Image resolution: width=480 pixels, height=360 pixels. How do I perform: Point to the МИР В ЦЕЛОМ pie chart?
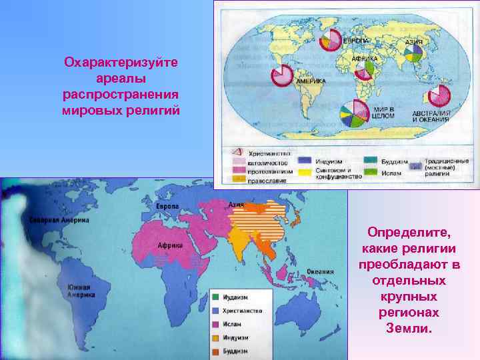pos(353,113)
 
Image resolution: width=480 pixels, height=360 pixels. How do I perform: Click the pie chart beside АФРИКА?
pos(365,69)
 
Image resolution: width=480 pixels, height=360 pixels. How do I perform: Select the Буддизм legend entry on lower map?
pos(217,350)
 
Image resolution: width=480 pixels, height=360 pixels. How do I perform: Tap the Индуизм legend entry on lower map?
pos(217,337)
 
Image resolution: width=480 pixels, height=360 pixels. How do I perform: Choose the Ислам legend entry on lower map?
pos(217,324)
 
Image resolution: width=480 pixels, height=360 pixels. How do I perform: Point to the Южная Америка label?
pos(79,291)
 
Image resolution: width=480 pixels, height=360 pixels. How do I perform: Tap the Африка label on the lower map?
pos(170,245)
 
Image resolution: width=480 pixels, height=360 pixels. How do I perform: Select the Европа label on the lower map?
pos(167,207)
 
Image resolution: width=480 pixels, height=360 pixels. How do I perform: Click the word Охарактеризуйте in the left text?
pos(120,62)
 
